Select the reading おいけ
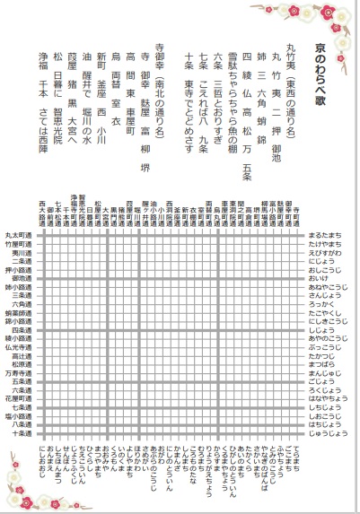click(315, 277)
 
